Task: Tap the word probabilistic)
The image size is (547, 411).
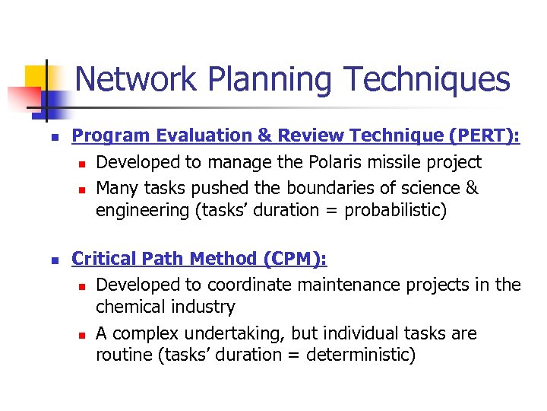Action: (x=395, y=210)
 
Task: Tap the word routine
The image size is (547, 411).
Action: (x=122, y=355)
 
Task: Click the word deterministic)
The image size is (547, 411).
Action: (x=361, y=355)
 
